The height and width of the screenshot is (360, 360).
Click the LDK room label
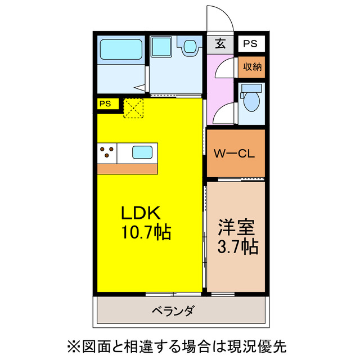click(x=142, y=213)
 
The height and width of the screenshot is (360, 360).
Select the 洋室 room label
click(x=237, y=228)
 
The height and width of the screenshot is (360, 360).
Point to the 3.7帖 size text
click(x=237, y=246)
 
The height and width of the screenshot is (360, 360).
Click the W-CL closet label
click(x=235, y=154)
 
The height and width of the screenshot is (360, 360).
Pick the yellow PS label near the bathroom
click(x=106, y=103)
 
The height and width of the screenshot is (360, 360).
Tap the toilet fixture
click(x=250, y=98)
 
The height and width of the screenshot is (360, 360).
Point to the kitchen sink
click(x=141, y=152)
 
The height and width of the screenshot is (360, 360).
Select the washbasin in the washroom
click(x=189, y=45)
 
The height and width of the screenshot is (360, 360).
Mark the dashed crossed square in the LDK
click(x=134, y=108)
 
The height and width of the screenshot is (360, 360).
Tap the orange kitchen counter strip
click(x=127, y=168)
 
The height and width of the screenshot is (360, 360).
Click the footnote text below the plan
click(x=180, y=344)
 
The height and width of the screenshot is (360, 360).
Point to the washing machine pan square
click(x=163, y=47)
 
